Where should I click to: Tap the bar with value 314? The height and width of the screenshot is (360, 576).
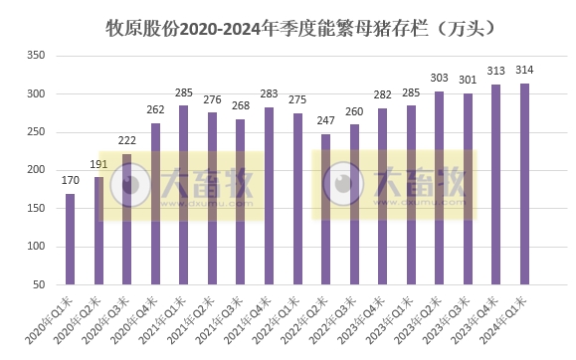[x=524, y=184]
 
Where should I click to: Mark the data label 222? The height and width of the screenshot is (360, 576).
[x=126, y=142]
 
